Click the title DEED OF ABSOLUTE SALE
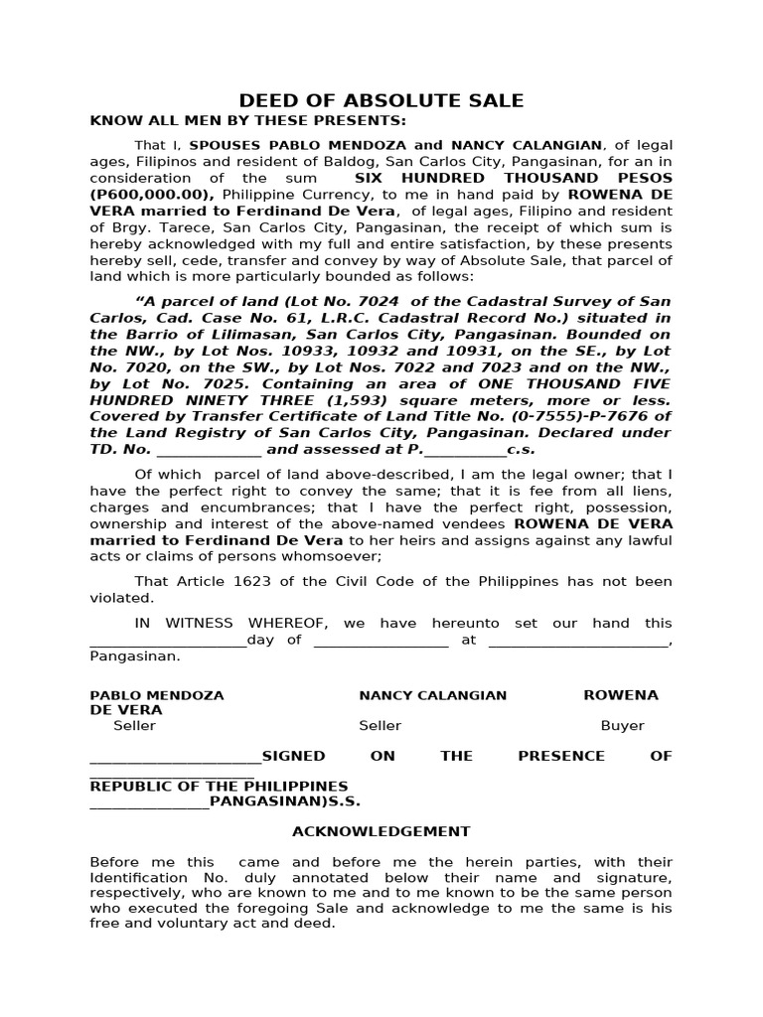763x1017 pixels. (381, 100)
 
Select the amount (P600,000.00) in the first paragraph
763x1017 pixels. (152, 194)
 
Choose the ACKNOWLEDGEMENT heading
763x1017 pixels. (381, 831)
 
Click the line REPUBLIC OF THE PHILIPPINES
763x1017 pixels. (219, 787)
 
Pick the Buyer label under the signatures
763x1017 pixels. (622, 726)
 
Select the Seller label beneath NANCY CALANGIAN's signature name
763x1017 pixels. (380, 726)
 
